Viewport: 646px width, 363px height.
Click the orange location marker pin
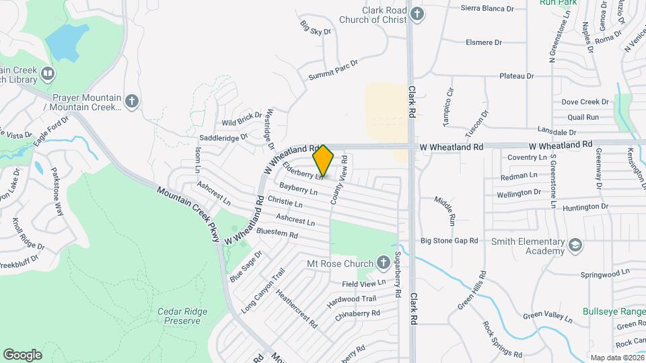click(323, 161)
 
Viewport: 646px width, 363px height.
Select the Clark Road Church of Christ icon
click(417, 15)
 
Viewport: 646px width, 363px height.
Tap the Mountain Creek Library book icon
click(47, 73)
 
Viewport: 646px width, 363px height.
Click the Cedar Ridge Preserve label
click(183, 316)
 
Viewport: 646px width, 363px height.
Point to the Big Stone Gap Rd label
click(449, 240)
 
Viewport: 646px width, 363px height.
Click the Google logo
click(22, 355)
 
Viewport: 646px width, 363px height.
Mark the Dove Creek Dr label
click(585, 102)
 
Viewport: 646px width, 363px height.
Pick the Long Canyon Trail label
click(264, 290)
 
